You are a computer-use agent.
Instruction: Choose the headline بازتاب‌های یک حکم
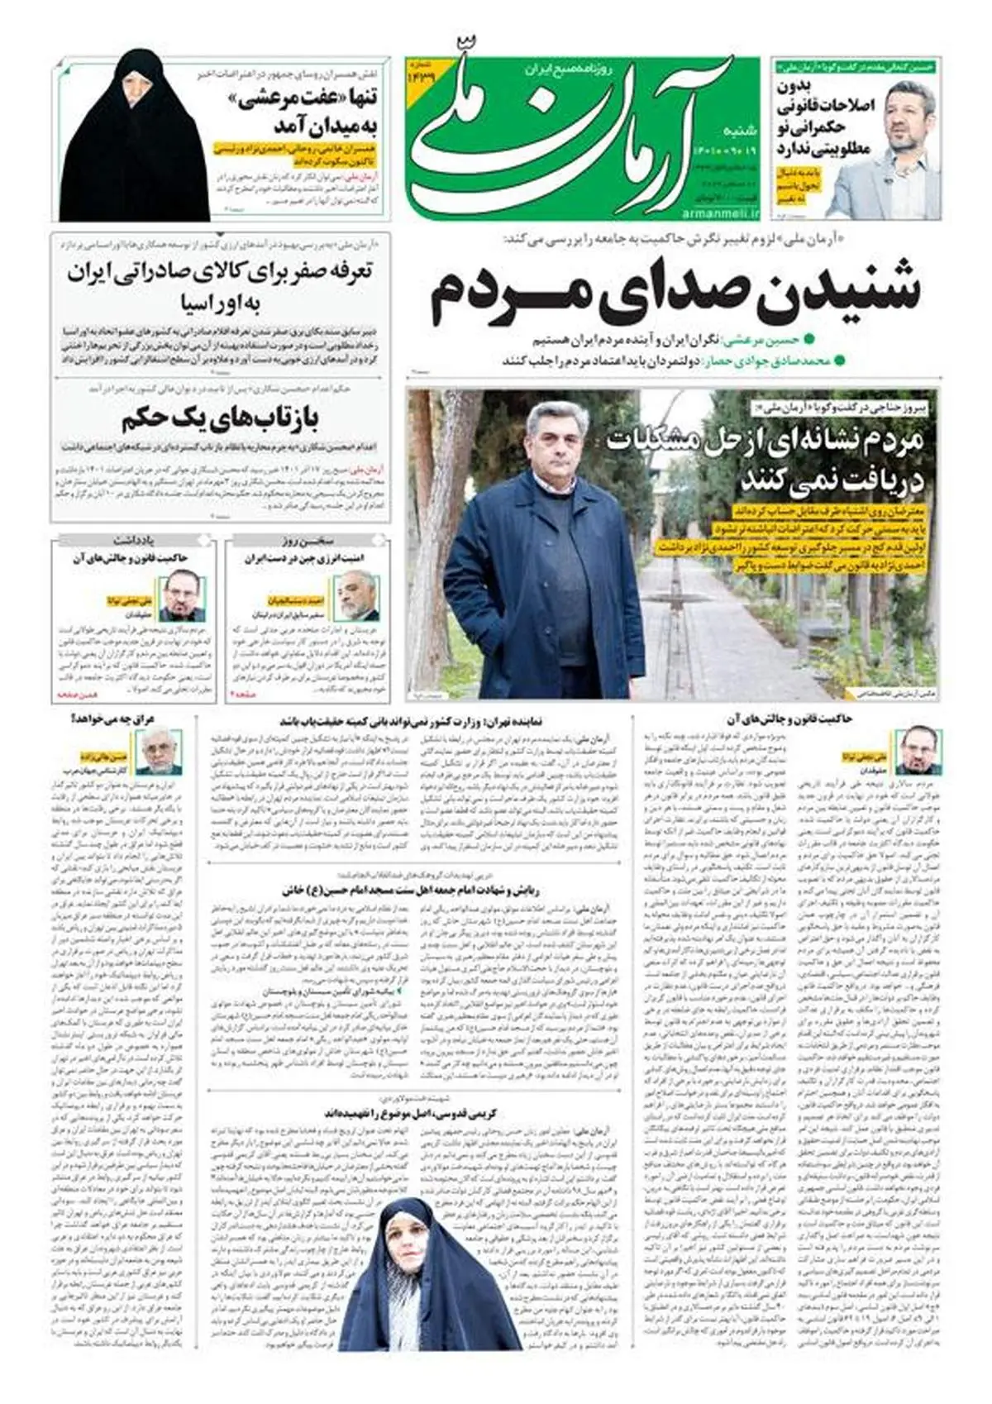click(x=219, y=419)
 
